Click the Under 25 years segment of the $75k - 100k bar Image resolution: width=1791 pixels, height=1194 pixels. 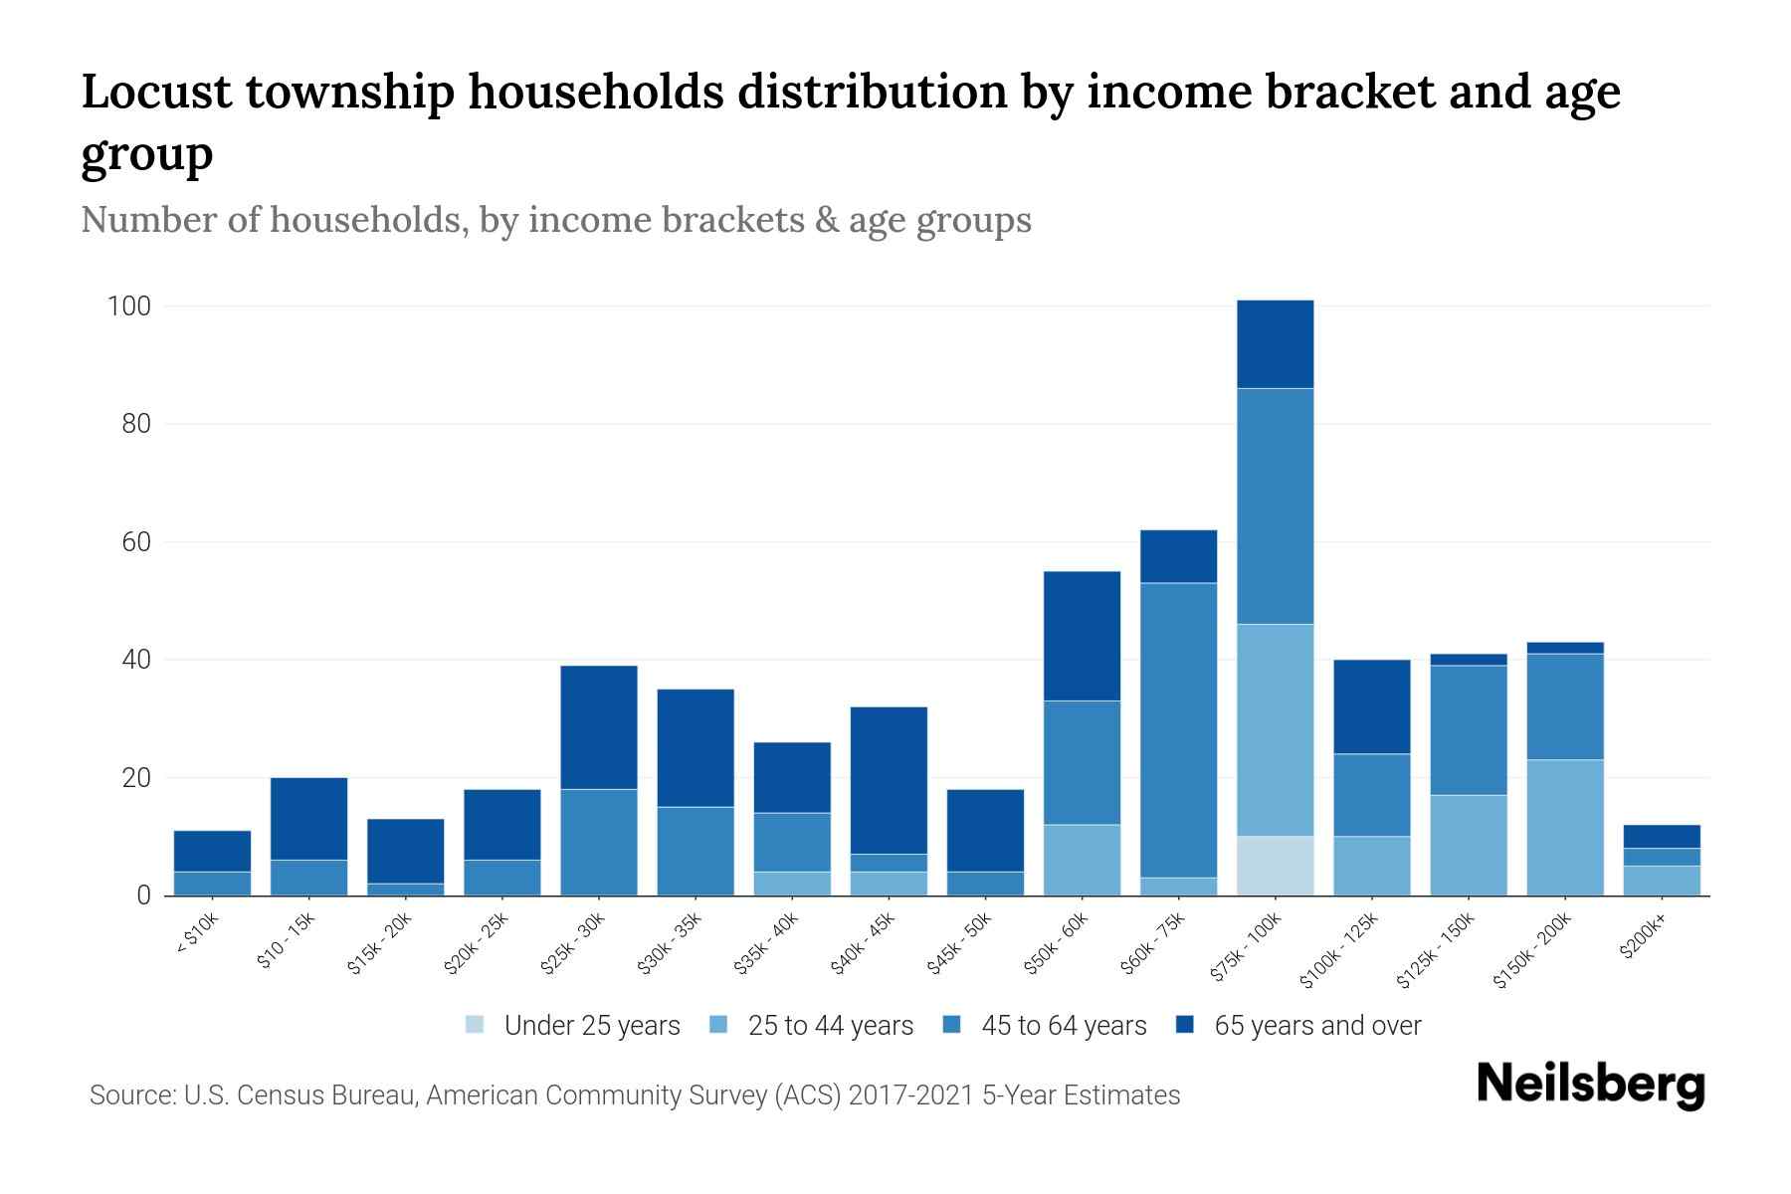pos(1275,866)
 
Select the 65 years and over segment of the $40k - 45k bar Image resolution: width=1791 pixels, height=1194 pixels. pos(889,780)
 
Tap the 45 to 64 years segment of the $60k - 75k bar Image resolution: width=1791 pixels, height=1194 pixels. pos(1178,729)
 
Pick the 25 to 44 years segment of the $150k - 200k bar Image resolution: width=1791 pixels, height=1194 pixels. pos(1565,827)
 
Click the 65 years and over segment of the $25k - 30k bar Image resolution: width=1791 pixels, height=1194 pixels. pos(599,727)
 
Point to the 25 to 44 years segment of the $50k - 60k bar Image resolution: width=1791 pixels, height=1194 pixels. pos(1082,860)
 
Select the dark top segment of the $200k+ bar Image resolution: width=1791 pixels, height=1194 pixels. pos(1662,836)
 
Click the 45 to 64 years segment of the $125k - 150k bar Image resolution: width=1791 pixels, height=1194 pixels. pos(1469,730)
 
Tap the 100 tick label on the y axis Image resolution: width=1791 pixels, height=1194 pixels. pos(128,306)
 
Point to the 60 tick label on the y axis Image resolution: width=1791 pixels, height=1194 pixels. pos(136,542)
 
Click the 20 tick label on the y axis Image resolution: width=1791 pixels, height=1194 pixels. pos(136,778)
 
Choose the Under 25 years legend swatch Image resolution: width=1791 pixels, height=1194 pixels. pos(476,1025)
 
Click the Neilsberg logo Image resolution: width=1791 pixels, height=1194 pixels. pos(1590,1085)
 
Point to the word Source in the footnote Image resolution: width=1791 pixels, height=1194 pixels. pos(130,1095)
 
